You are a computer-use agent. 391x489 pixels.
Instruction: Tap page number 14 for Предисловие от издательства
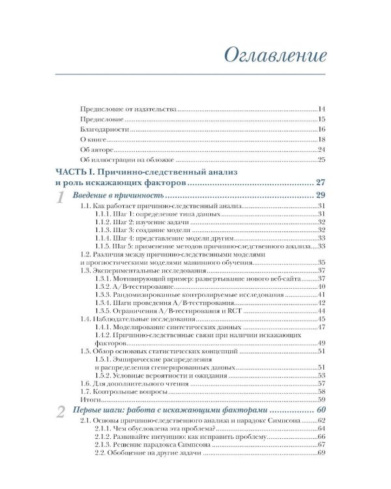(321, 109)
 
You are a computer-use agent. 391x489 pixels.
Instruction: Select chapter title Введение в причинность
(116, 196)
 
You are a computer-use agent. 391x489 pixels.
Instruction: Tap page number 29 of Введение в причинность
(319, 196)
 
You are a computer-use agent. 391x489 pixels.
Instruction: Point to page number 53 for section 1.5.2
(321, 376)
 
